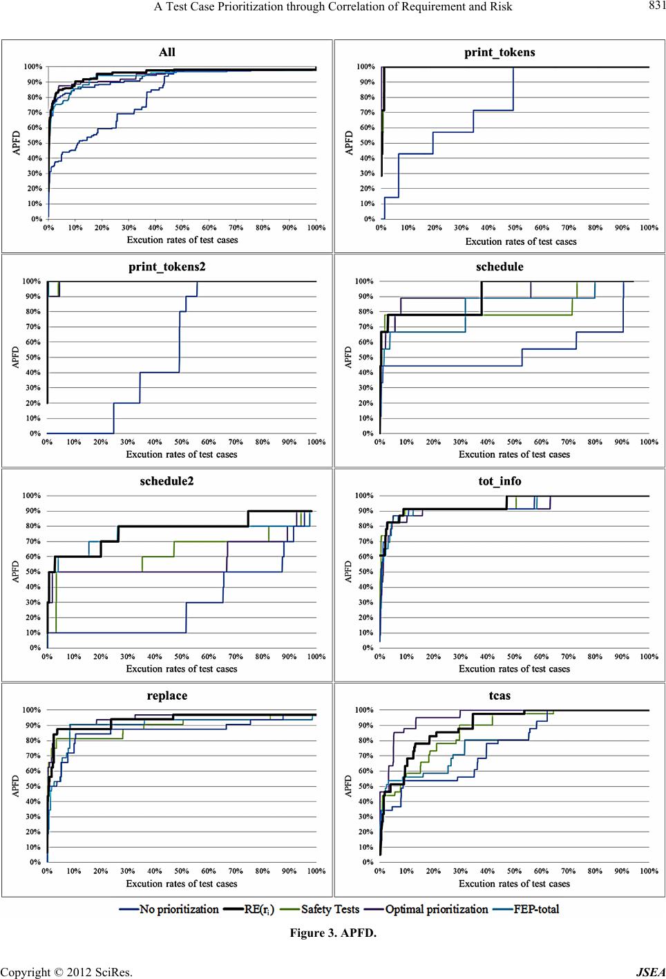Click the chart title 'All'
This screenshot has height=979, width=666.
click(x=166, y=52)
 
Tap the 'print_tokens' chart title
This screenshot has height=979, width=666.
click(x=499, y=52)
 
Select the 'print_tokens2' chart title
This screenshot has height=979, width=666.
click(x=166, y=266)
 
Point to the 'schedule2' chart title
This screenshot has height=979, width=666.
click(x=166, y=481)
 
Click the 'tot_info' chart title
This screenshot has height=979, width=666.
click(x=499, y=481)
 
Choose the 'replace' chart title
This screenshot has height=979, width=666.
click(x=166, y=696)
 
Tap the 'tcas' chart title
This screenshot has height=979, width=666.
click(x=499, y=696)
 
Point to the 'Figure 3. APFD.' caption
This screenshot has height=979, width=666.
click(x=333, y=933)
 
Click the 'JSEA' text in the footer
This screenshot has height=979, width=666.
click(x=651, y=972)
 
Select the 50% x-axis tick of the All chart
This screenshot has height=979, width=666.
click(x=182, y=227)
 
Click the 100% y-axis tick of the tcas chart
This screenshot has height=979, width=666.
click(x=365, y=710)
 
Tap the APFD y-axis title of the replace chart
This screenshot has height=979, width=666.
click(x=16, y=785)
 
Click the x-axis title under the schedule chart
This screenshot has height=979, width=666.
click(x=514, y=454)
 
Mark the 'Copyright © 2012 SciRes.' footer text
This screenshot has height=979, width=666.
click(x=66, y=972)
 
